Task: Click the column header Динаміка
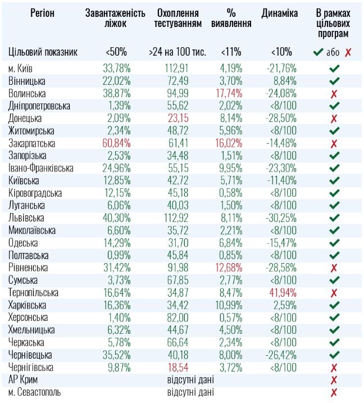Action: pyautogui.click(x=279, y=13)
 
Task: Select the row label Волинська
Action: pyautogui.click(x=27, y=93)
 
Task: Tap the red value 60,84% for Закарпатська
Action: pyautogui.click(x=117, y=143)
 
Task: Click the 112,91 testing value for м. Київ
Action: pyautogui.click(x=178, y=68)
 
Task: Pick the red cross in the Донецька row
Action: pyautogui.click(x=334, y=118)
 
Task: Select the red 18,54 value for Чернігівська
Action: pyautogui.click(x=178, y=367)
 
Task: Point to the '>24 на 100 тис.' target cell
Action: pyautogui.click(x=178, y=52)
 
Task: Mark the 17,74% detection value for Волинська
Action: pyautogui.click(x=230, y=93)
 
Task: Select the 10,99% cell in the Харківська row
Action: pyautogui.click(x=230, y=305)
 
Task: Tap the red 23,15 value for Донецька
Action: pyautogui.click(x=178, y=118)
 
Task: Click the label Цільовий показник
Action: pyautogui.click(x=43, y=52)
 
